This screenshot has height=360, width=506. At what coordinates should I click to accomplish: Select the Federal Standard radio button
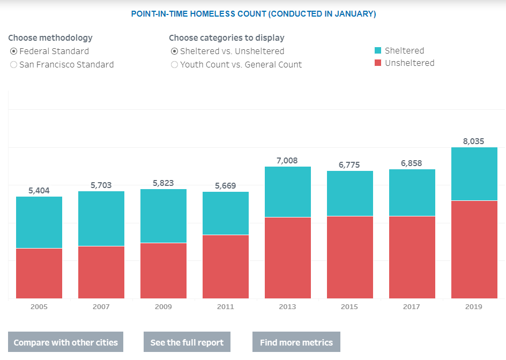13,51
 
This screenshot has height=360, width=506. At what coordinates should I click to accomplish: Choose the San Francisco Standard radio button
13,65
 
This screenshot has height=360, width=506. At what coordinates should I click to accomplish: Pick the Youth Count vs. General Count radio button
174,65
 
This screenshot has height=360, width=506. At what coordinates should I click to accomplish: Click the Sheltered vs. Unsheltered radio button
174,51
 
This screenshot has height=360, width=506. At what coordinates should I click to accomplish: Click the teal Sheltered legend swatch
378,50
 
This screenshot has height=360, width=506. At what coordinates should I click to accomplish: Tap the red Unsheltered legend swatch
378,63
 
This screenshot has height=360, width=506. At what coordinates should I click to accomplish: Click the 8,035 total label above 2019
473,141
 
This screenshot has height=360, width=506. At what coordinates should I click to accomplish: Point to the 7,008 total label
287,161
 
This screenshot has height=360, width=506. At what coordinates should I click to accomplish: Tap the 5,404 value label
39,191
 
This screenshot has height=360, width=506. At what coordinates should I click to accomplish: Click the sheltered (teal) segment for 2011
226,213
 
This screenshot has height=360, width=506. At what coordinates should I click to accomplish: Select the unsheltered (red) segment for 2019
474,250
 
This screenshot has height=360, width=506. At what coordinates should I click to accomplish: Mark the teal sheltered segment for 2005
39,222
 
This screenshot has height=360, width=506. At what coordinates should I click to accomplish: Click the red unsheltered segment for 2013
288,258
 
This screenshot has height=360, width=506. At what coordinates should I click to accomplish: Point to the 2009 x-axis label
163,307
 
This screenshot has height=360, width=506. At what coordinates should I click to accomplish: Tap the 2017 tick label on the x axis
412,307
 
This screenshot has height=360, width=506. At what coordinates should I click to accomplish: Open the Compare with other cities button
65,342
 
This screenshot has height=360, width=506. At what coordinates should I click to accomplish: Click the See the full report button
187,342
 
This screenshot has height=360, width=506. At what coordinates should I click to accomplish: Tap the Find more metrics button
296,342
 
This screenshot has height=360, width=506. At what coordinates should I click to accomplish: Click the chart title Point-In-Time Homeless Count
254,14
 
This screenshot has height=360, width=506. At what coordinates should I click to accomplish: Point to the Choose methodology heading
50,38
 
